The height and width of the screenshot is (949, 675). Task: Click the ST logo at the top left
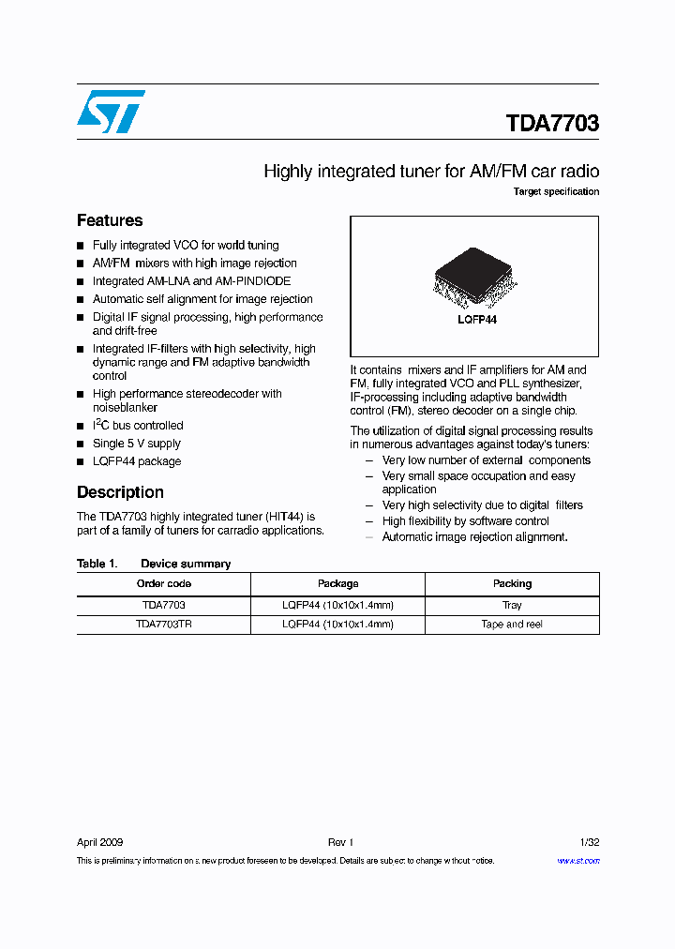coord(111,112)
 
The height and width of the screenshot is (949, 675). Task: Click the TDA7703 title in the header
coord(552,124)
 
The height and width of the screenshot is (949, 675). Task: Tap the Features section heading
coord(110,220)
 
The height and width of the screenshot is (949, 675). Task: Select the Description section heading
coord(120,492)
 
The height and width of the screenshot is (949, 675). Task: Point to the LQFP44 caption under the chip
coord(477,320)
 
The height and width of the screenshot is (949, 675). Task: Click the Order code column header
coord(163,583)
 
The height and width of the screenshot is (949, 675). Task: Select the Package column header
coord(337,583)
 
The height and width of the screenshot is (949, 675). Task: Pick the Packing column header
coord(512,583)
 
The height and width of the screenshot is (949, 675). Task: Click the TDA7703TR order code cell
coord(163,624)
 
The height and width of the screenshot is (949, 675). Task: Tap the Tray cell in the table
coord(512,605)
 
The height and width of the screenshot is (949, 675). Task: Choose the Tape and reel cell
coord(512,624)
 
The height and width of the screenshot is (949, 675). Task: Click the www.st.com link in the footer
coord(577,861)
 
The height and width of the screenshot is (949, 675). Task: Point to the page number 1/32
coord(590,842)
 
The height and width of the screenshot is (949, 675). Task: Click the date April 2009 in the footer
coord(99,842)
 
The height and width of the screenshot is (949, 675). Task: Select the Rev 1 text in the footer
coord(339,842)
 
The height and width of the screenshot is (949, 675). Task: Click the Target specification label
coord(556,191)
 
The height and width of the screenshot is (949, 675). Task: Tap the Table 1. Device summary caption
coord(154,564)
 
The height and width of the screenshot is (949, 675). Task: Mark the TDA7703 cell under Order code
coord(163,605)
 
